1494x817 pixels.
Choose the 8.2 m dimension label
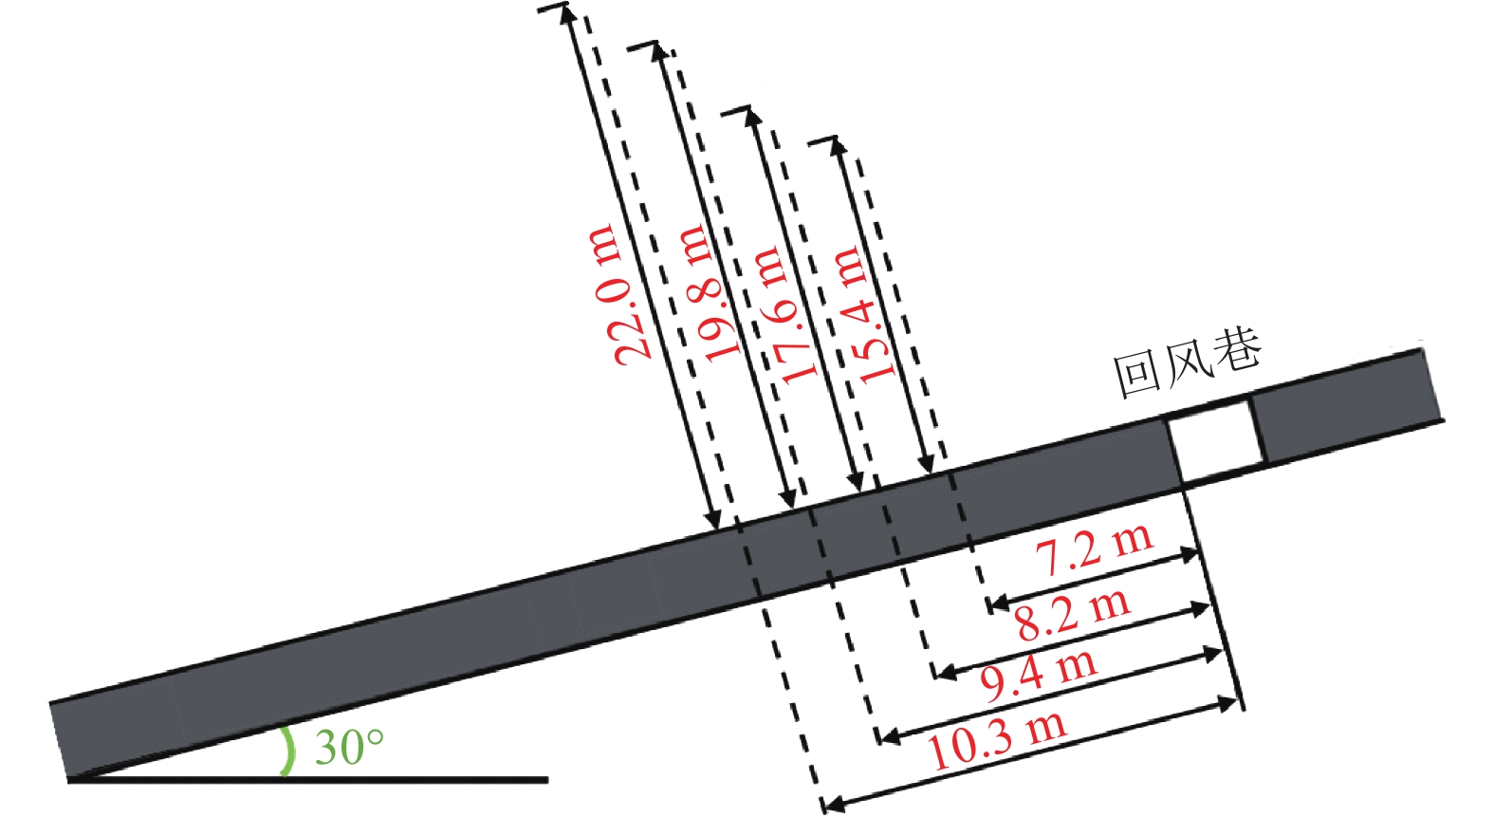pos(1073,615)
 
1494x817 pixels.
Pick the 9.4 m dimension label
pos(1038,676)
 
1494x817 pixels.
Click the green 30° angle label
pos(349,747)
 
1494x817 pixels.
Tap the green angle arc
pos(288,751)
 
